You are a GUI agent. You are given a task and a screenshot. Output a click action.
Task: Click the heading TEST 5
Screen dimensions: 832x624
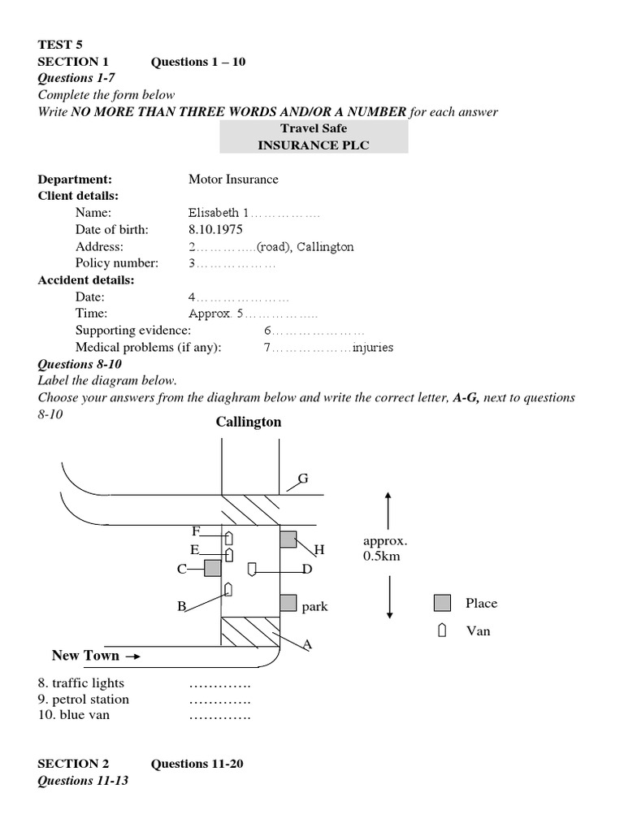pos(60,45)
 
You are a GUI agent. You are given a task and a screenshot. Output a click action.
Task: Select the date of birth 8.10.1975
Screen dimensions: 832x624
pos(215,230)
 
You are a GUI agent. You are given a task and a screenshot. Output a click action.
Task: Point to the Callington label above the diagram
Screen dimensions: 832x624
pos(249,422)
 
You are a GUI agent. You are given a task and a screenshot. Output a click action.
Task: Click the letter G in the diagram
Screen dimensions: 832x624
pos(303,479)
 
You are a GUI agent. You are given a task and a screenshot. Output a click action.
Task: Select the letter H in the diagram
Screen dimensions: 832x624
pos(319,550)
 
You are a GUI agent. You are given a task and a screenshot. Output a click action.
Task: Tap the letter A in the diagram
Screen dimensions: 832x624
pos(307,644)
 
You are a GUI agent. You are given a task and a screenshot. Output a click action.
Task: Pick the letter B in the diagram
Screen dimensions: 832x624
pos(182,606)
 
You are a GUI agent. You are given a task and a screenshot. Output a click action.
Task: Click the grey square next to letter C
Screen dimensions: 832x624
pos(213,568)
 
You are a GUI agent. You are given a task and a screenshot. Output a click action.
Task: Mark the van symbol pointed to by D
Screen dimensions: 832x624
pos(252,568)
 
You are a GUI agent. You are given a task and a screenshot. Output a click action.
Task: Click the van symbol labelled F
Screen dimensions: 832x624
pos(229,538)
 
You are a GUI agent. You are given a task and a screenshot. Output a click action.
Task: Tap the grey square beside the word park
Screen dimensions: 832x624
pos(288,602)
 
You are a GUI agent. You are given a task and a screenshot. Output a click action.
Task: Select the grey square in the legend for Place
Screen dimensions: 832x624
pos(442,603)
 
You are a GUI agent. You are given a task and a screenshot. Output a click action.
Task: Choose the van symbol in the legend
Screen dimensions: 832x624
pos(442,630)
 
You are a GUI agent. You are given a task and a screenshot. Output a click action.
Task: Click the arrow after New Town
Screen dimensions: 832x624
pos(133,656)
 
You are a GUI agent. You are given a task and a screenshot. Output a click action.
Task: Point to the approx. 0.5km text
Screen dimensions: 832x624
pos(386,548)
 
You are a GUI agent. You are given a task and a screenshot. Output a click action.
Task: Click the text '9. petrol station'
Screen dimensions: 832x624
pos(84,699)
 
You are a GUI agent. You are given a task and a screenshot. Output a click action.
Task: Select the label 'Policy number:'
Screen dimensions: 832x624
pos(117,263)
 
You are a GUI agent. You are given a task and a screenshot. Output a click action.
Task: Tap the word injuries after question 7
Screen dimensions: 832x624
pos(373,348)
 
